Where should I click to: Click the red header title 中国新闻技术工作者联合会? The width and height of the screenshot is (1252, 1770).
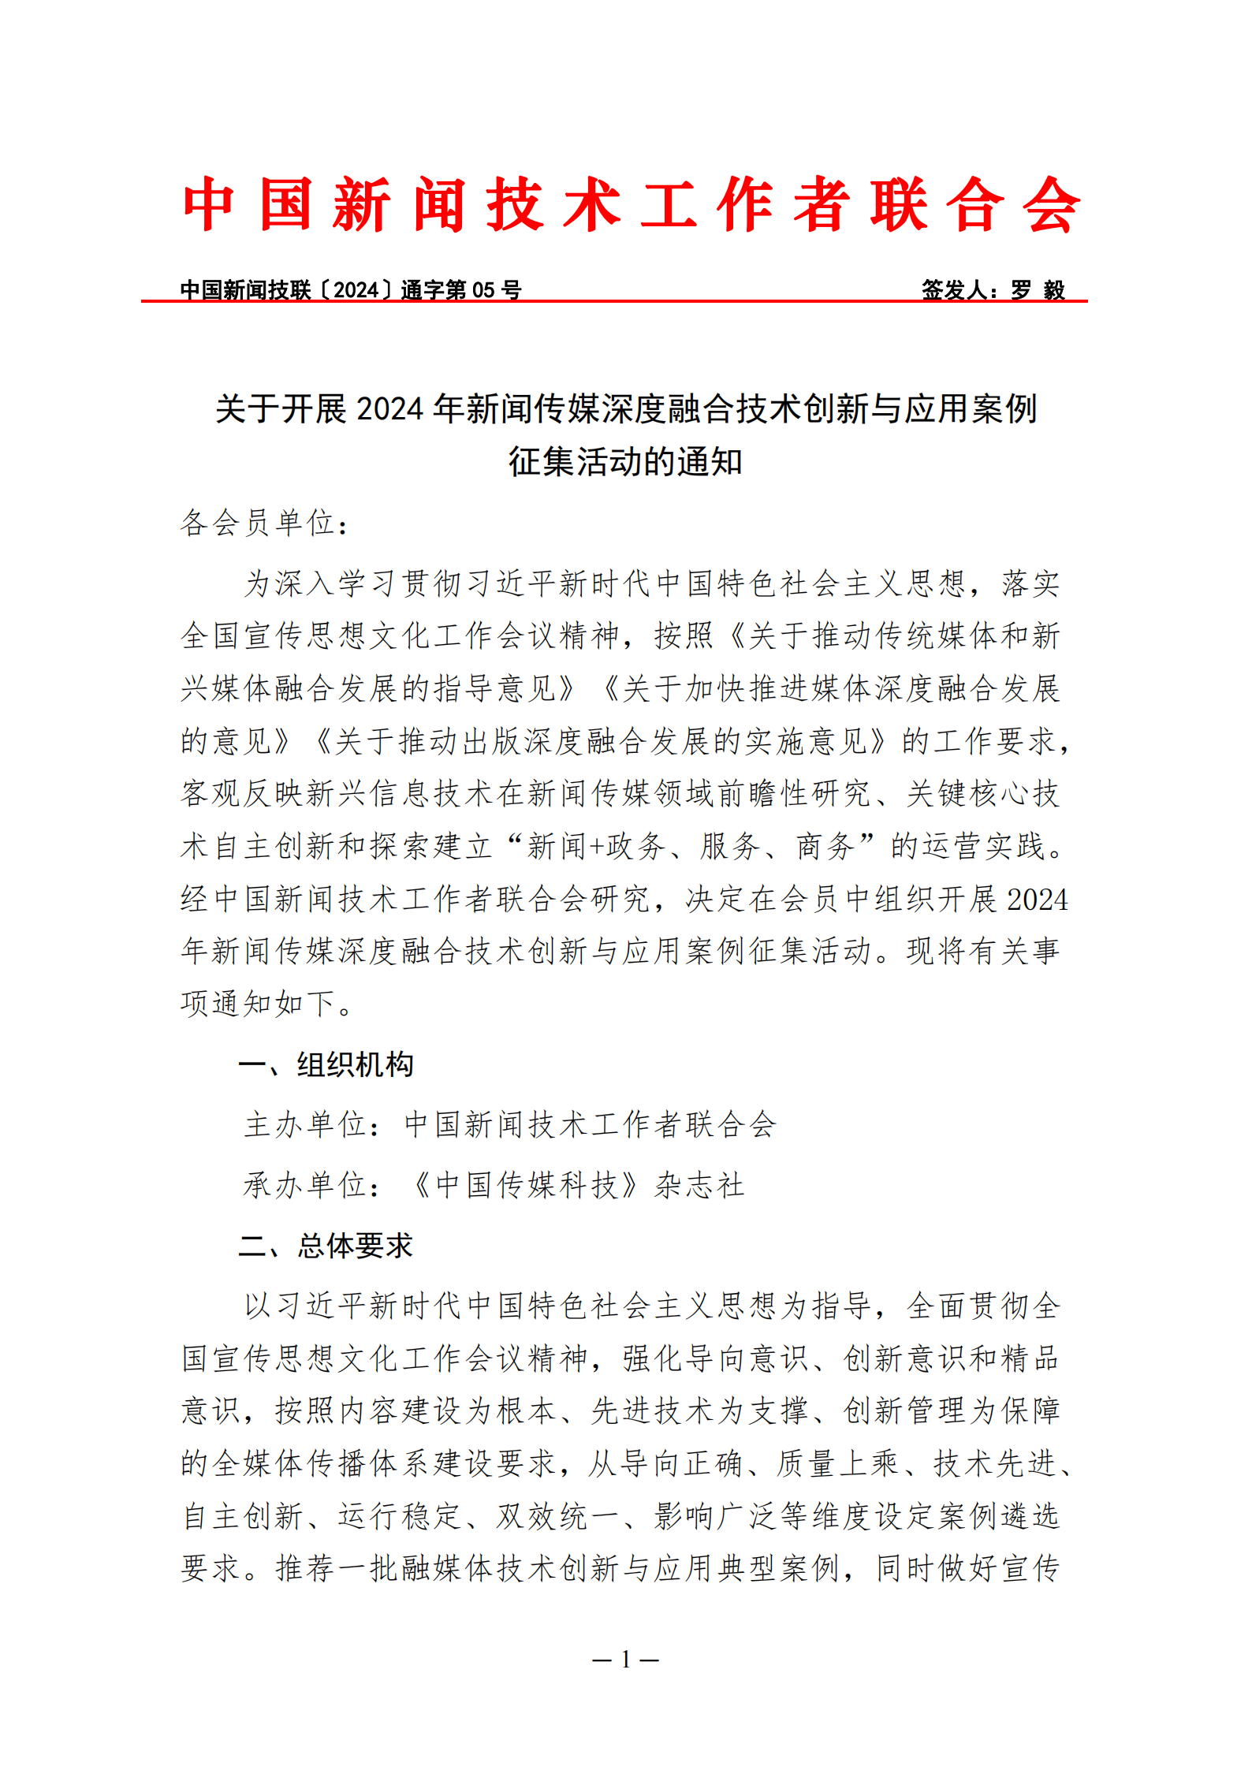tap(631, 204)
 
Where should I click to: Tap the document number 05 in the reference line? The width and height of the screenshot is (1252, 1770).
tap(483, 290)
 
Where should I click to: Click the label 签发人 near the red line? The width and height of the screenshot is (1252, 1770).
tap(954, 290)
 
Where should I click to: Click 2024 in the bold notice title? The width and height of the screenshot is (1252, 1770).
tap(390, 409)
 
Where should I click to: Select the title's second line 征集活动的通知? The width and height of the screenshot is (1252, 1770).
tap(625, 462)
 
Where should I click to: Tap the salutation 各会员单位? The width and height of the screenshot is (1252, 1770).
tap(258, 523)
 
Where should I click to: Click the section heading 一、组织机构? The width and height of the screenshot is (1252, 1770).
tap(326, 1064)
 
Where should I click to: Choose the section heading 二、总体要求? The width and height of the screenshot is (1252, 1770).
tap(326, 1246)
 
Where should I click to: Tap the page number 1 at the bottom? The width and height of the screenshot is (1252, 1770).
tap(625, 1660)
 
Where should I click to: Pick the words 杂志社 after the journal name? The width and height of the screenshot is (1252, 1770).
tap(699, 1185)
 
